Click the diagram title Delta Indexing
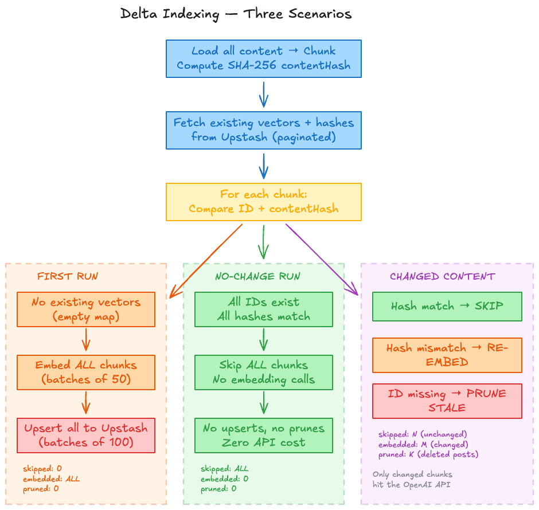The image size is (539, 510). [x=236, y=14]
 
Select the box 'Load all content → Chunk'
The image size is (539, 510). [x=263, y=58]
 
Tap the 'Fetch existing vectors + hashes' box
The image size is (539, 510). [x=263, y=130]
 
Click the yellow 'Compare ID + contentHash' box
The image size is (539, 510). [x=263, y=202]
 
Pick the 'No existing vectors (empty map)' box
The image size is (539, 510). [x=86, y=309]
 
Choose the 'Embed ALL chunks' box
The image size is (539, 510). [x=86, y=372]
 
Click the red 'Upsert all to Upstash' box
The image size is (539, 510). [x=86, y=435]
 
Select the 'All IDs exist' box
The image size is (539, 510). [x=263, y=309]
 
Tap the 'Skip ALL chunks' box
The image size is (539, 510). [x=263, y=372]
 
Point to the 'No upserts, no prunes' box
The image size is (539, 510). [x=263, y=435]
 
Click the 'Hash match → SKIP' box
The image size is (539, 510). [x=447, y=306]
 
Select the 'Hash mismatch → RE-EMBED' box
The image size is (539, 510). [x=447, y=355]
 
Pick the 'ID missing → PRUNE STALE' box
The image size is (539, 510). [x=447, y=401]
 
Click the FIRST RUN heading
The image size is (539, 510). [x=68, y=276]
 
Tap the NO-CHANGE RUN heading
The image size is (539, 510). [x=257, y=276]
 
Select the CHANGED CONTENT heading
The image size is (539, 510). [x=442, y=276]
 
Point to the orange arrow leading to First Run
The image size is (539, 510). [x=206, y=261]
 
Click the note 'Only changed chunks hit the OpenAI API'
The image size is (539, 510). [x=412, y=479]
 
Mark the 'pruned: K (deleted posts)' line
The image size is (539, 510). [x=428, y=454]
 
